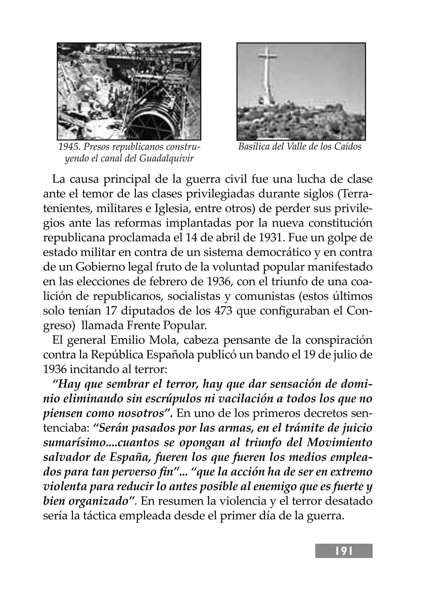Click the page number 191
[344, 550]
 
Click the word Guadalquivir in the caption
[166, 159]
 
